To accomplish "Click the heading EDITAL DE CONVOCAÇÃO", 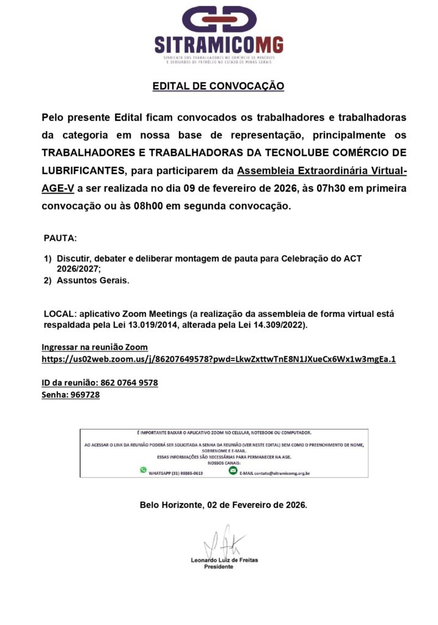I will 218,86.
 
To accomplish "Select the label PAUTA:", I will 60,237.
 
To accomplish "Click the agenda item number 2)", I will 48,281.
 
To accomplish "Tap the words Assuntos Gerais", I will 93,281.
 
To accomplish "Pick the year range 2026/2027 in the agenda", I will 78,269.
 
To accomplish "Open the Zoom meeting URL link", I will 218,359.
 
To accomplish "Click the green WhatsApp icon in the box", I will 144,470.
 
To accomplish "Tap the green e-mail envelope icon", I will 233,470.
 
